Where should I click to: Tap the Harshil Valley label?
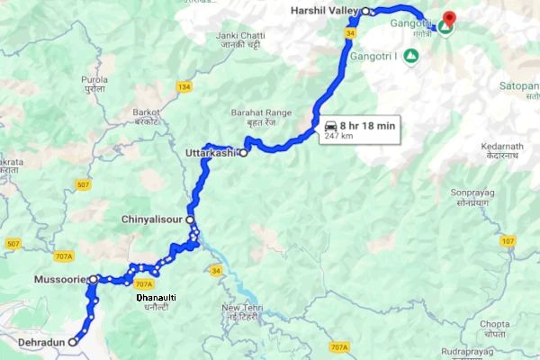point(325,11)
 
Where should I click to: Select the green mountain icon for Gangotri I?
point(410,56)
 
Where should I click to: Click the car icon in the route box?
point(331,127)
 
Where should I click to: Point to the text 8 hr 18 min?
point(367,127)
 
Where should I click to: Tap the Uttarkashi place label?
point(210,153)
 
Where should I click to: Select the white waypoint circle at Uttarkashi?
point(243,153)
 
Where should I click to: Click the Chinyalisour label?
point(153,219)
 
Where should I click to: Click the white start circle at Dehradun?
point(73,342)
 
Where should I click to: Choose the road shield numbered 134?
point(184,86)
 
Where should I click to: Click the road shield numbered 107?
point(508,241)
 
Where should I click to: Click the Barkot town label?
point(147,112)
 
